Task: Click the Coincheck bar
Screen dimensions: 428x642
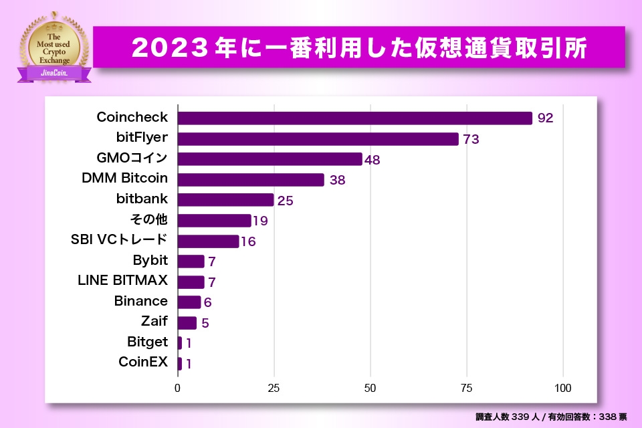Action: click(x=354, y=118)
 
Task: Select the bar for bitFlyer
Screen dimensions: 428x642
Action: click(x=318, y=139)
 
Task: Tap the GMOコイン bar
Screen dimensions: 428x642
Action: click(x=270, y=159)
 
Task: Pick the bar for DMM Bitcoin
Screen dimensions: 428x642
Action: click(x=251, y=180)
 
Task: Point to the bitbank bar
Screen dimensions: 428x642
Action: click(x=226, y=200)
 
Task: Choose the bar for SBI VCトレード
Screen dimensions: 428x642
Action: click(x=209, y=241)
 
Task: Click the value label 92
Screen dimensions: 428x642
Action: click(x=545, y=118)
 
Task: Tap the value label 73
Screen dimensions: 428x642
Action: click(x=471, y=139)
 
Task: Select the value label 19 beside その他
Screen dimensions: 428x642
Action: click(x=260, y=221)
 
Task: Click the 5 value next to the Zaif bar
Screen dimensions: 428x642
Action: click(x=205, y=323)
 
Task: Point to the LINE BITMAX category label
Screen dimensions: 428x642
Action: click(x=123, y=280)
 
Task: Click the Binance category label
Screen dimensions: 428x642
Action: click(x=141, y=301)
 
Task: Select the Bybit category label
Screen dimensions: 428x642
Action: click(x=150, y=260)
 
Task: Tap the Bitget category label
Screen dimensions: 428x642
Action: click(x=148, y=342)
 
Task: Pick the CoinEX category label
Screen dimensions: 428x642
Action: click(x=143, y=363)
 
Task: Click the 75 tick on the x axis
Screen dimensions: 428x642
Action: click(x=467, y=388)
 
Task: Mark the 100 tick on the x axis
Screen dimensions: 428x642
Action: click(x=563, y=388)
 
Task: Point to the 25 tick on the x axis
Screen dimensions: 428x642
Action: click(x=274, y=388)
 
